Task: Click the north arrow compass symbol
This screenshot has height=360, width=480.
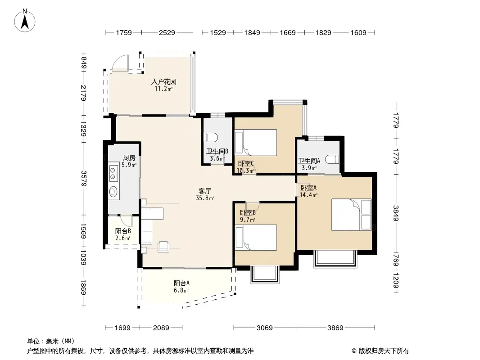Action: click(25, 21)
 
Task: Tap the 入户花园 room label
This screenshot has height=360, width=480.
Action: click(164, 81)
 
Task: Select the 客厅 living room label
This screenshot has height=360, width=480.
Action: click(205, 191)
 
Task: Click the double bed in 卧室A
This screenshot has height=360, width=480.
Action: click(352, 215)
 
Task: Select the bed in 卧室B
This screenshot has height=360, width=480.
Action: click(256, 238)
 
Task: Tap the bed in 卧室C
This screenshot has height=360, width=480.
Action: click(256, 142)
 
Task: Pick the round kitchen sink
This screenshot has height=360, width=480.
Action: click(113, 192)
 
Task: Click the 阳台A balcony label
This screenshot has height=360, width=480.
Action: click(181, 283)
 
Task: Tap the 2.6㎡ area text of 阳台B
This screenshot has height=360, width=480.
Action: click(123, 238)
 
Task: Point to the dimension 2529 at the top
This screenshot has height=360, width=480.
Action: click(167, 32)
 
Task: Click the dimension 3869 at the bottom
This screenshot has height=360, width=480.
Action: click(335, 328)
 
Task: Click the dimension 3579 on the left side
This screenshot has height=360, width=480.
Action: click(84, 178)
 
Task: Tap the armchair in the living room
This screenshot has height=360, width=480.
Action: click(163, 247)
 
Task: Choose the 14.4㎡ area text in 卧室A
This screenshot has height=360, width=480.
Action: click(308, 195)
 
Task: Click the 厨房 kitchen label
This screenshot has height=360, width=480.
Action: click(129, 158)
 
